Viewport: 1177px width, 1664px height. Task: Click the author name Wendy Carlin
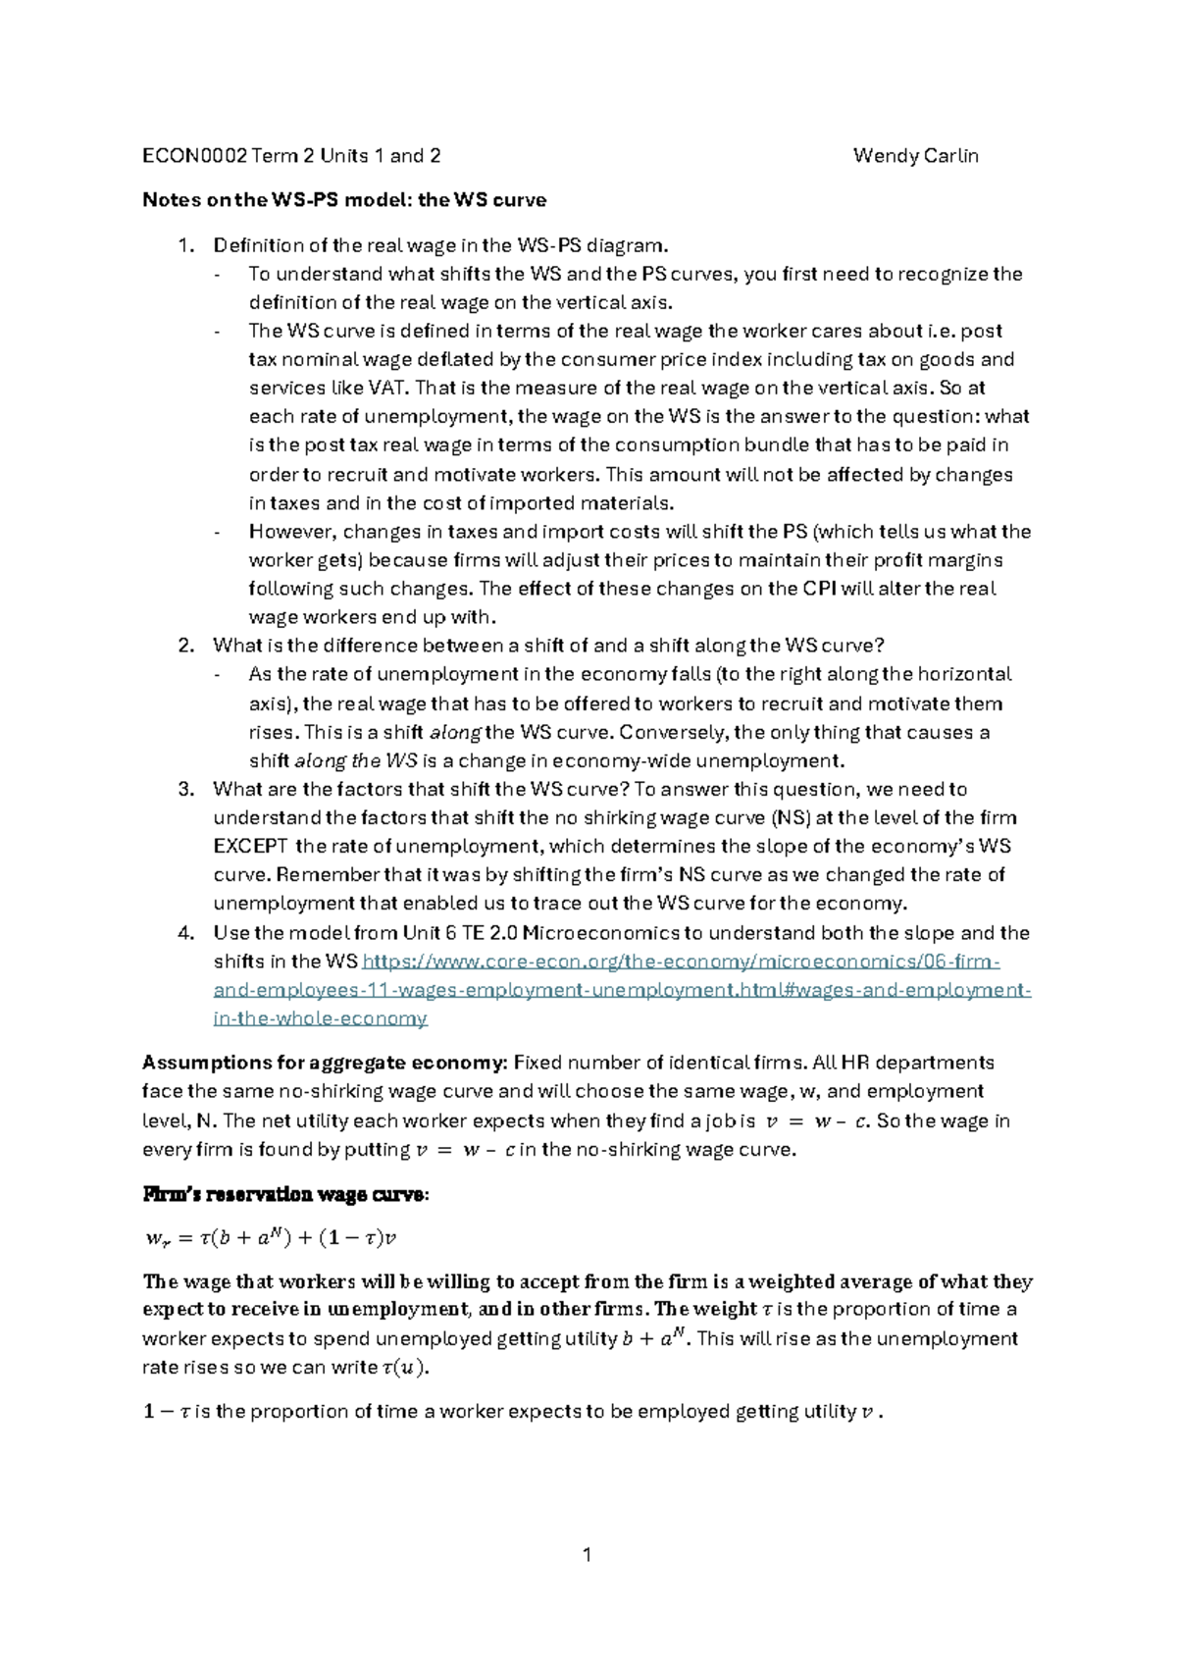[915, 155]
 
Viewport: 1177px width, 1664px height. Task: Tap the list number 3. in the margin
[186, 789]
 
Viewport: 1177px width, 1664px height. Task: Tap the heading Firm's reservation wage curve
[285, 1195]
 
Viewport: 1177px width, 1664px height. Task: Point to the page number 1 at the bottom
[588, 1554]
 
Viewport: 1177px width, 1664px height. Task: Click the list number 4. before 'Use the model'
[186, 932]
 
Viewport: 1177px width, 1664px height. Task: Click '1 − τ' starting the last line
[168, 1412]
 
